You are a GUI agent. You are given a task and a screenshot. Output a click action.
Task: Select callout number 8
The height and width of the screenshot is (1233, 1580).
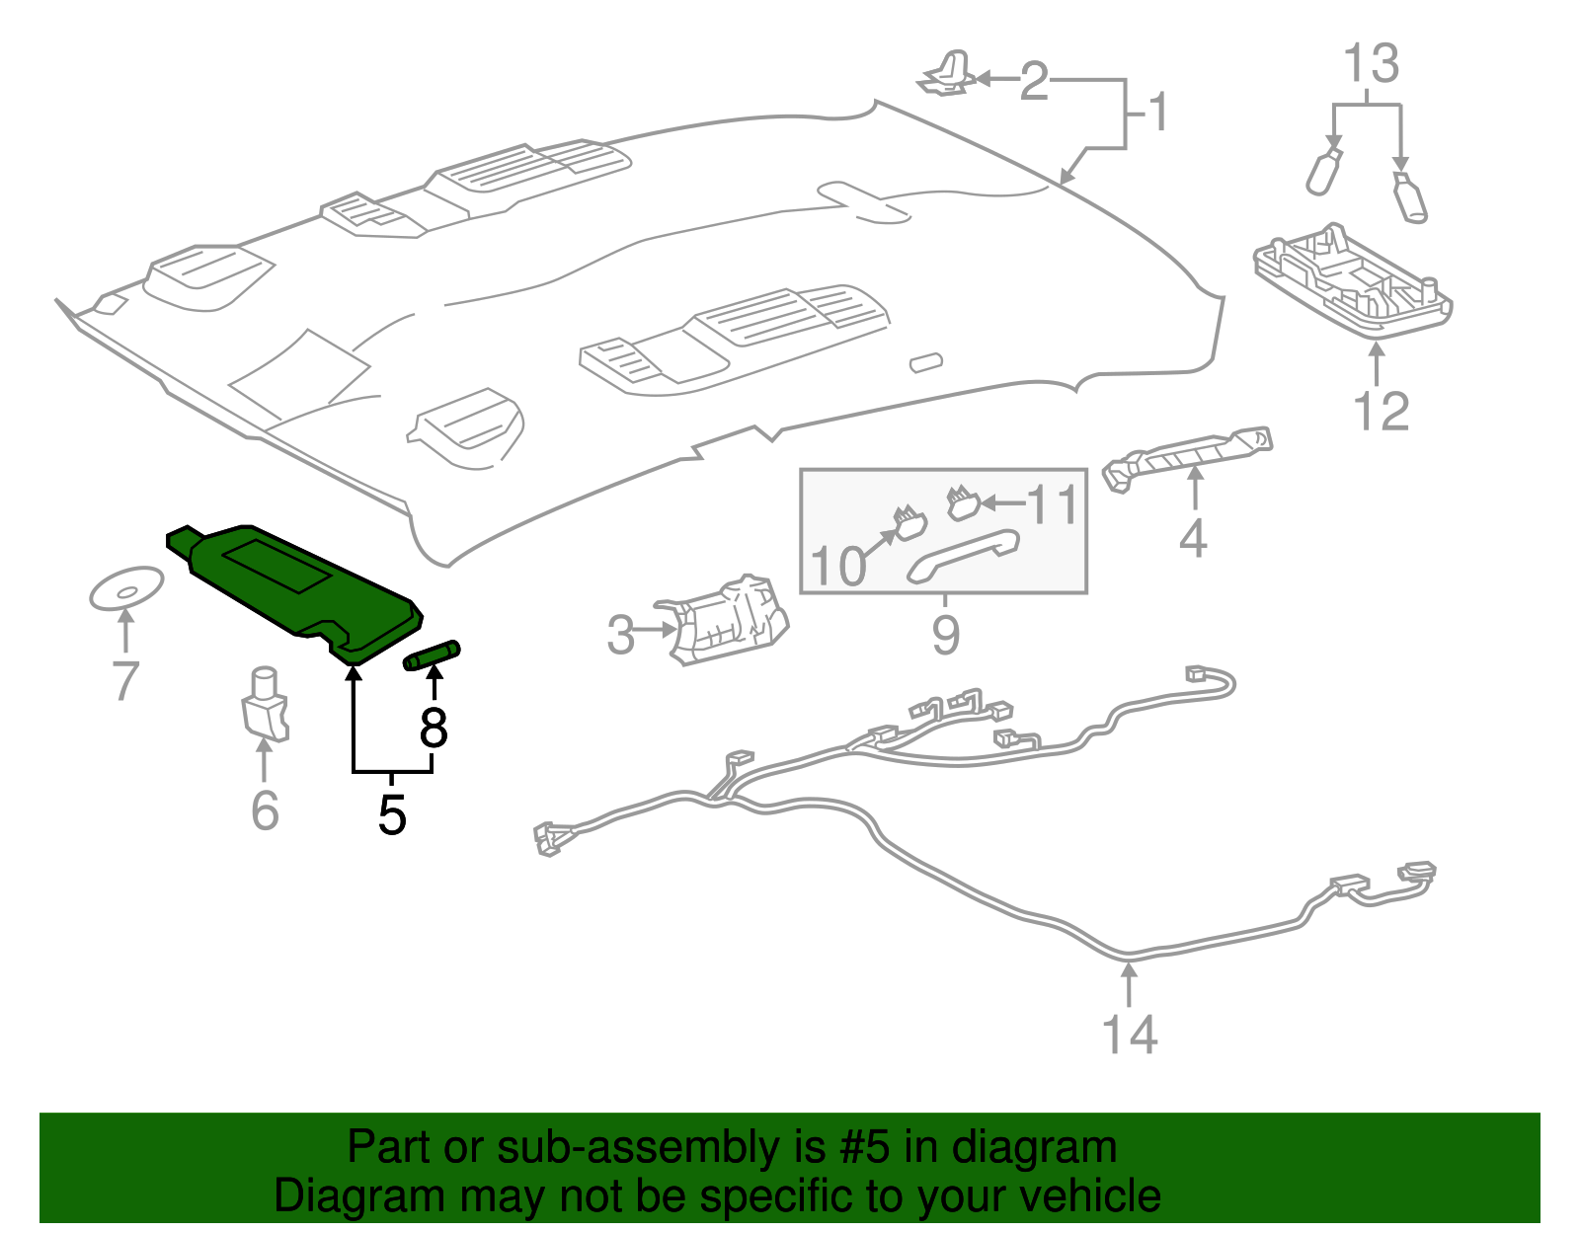click(x=434, y=729)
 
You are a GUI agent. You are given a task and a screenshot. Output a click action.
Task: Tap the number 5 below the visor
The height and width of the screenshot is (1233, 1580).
click(x=392, y=815)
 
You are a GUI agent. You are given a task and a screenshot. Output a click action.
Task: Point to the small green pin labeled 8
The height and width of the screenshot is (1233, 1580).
click(x=433, y=655)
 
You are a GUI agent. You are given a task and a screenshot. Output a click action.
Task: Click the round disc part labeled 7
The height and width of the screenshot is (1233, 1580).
click(x=126, y=589)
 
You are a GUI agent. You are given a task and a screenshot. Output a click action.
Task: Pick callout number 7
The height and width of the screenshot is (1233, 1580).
click(x=125, y=681)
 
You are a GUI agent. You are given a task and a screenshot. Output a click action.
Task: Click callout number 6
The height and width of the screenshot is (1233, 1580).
click(x=265, y=810)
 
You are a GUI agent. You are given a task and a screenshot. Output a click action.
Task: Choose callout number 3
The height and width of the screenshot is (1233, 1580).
click(x=620, y=635)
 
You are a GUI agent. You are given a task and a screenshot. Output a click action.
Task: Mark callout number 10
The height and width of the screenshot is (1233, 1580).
click(x=837, y=566)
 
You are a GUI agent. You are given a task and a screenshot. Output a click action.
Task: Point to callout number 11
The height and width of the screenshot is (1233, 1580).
click(x=1053, y=504)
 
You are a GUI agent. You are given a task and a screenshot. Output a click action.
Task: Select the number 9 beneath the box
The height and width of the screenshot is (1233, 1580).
click(x=945, y=634)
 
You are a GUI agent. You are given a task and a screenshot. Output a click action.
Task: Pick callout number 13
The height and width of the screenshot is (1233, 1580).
click(x=1372, y=64)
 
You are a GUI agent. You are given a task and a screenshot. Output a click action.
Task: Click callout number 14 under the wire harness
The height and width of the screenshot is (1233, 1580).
click(x=1129, y=1035)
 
